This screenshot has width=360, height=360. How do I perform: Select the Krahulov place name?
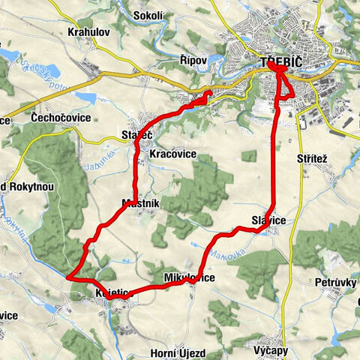[x=88, y=33]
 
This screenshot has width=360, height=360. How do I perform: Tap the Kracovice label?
[x=172, y=154]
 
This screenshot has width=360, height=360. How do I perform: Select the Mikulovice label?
[x=189, y=278]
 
